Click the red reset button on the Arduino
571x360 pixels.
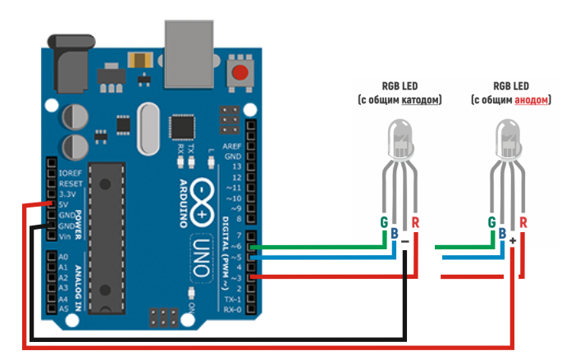[240, 72]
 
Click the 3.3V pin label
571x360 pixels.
[66, 194]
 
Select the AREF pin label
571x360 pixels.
[233, 145]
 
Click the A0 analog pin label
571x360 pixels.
[64, 257]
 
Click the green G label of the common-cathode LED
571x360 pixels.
[383, 222]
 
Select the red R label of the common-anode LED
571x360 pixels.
[523, 222]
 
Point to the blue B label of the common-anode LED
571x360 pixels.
[503, 234]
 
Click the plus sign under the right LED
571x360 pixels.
[513, 242]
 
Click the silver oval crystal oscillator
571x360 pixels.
[149, 129]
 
